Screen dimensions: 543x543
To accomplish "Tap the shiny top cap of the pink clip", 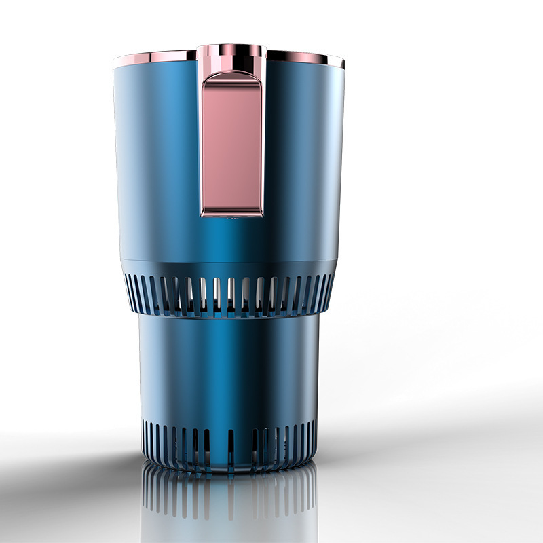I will (x=231, y=54).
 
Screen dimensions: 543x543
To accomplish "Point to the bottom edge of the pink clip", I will (x=231, y=214).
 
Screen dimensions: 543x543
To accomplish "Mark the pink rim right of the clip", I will (x=305, y=57).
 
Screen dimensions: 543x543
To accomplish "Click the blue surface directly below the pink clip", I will (x=231, y=238).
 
